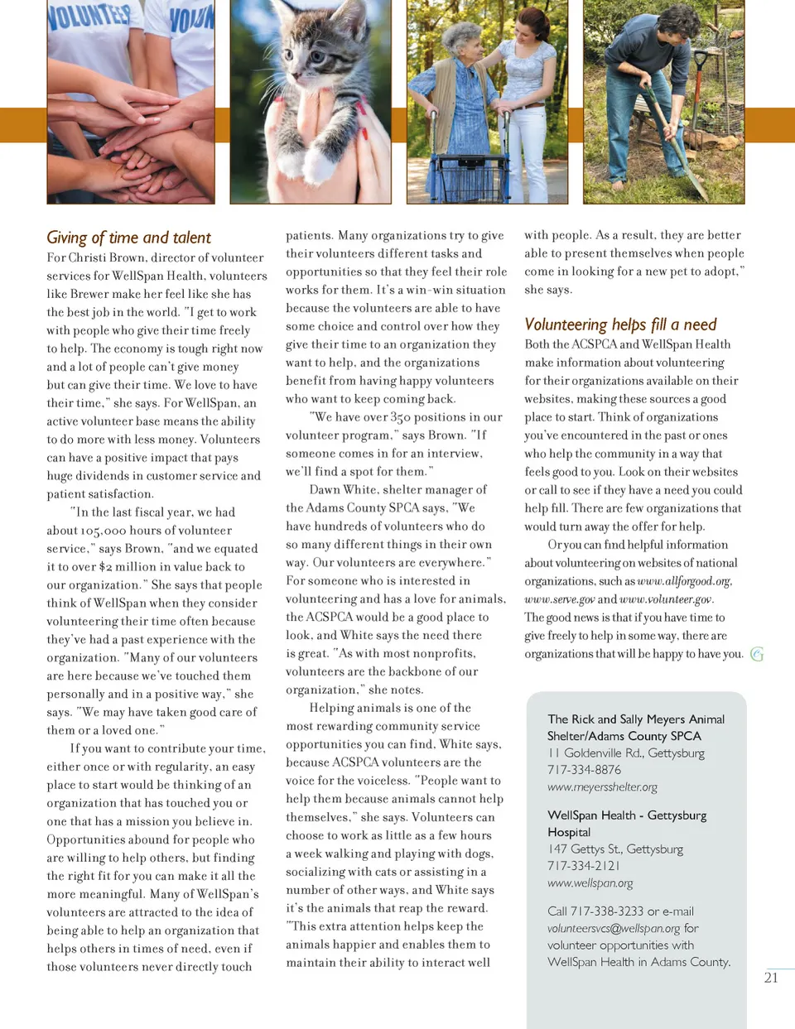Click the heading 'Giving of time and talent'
coord(128,238)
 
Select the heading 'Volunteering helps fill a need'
coord(620,325)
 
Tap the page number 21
coord(770,978)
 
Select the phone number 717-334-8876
coord(584,770)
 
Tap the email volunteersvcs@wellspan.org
coord(614,929)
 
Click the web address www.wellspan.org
coord(590,883)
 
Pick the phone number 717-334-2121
coord(583,866)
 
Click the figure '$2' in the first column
coord(105,567)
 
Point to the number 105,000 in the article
coord(103,531)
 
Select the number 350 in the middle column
coord(401,417)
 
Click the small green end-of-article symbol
coord(756,654)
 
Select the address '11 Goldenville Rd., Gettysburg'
coord(625,753)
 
